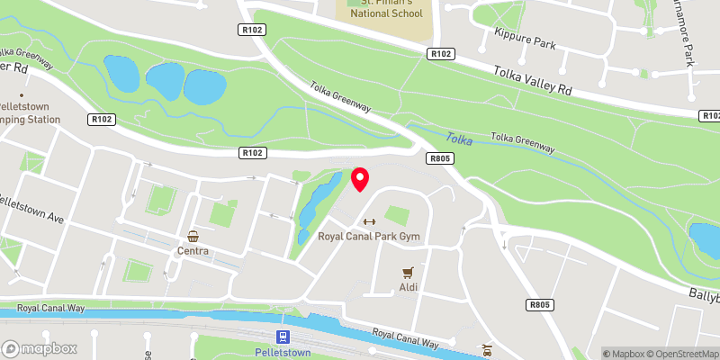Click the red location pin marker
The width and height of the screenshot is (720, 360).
pyautogui.click(x=360, y=178)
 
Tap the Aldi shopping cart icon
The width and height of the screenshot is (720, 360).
pyautogui.click(x=409, y=271)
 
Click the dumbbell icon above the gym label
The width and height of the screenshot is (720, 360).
pyautogui.click(x=367, y=222)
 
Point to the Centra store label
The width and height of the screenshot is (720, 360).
pyautogui.click(x=193, y=251)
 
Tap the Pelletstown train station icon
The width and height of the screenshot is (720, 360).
pyautogui.click(x=283, y=337)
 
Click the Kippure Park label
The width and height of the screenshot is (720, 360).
pyautogui.click(x=522, y=42)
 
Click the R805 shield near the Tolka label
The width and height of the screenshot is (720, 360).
pyautogui.click(x=440, y=157)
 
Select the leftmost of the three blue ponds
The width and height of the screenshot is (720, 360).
pyautogui.click(x=119, y=71)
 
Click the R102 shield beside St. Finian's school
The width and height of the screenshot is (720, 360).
pyautogui.click(x=440, y=55)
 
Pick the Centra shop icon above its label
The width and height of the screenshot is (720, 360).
pyautogui.click(x=193, y=237)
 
